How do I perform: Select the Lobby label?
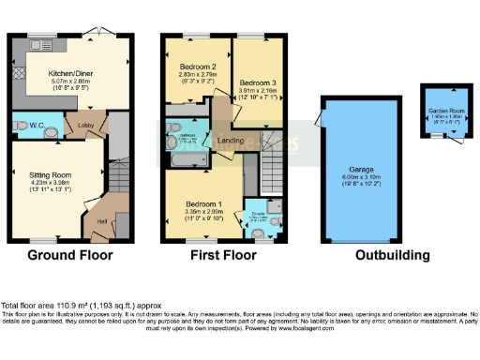tap(84, 124)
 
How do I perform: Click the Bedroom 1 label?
tap(202, 203)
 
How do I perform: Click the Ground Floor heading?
tap(69, 255)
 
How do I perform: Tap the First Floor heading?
tap(223, 255)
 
